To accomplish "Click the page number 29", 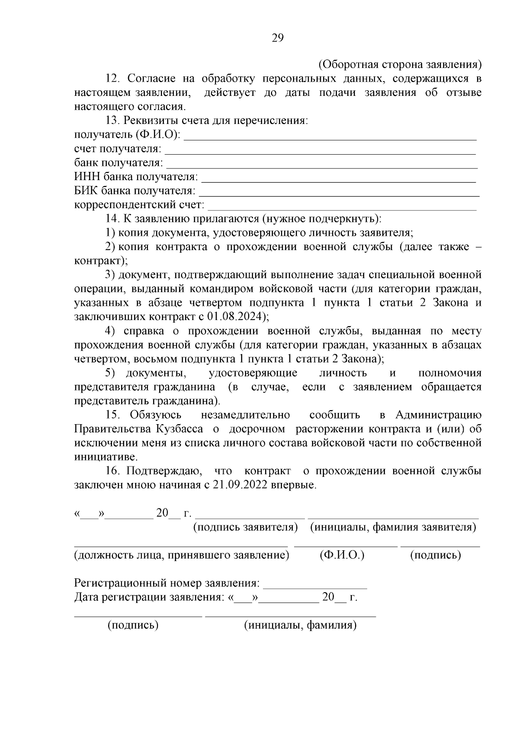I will (277, 38).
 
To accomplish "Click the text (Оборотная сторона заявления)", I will (400, 64).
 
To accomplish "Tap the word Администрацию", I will (438, 415).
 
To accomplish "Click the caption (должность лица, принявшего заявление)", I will (181, 555).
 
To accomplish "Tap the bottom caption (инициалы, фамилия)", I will (300, 625).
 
